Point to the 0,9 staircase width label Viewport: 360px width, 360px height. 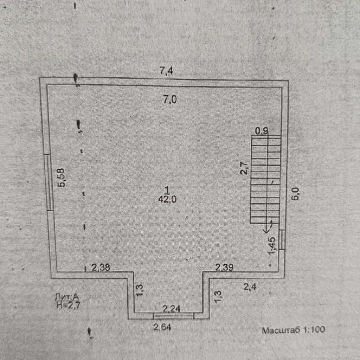click(x=262, y=131)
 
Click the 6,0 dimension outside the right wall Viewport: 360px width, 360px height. click(x=296, y=194)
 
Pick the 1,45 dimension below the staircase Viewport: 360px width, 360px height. click(x=272, y=246)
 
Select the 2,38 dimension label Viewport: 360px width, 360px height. click(x=101, y=268)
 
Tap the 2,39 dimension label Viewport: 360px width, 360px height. click(x=224, y=268)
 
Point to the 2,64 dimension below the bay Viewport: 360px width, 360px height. click(x=163, y=327)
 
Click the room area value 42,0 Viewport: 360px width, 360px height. click(x=167, y=199)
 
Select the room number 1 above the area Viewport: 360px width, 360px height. click(x=167, y=190)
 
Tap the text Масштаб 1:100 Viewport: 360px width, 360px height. click(x=293, y=330)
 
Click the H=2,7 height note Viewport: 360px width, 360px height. click(x=69, y=305)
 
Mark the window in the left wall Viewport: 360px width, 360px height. click(x=50, y=182)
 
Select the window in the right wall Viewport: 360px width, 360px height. click(x=282, y=239)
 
